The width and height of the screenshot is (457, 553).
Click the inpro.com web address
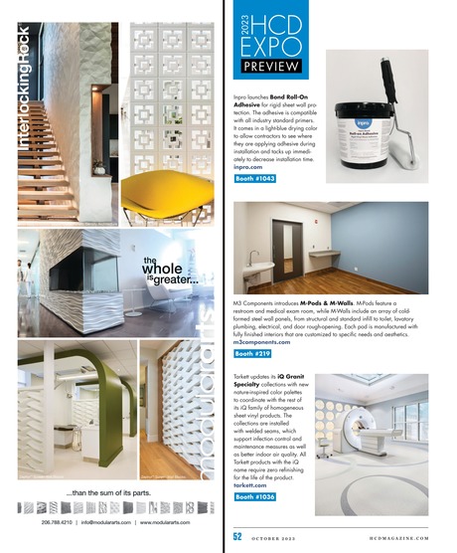(254, 167)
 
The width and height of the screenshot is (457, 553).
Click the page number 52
(237, 533)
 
